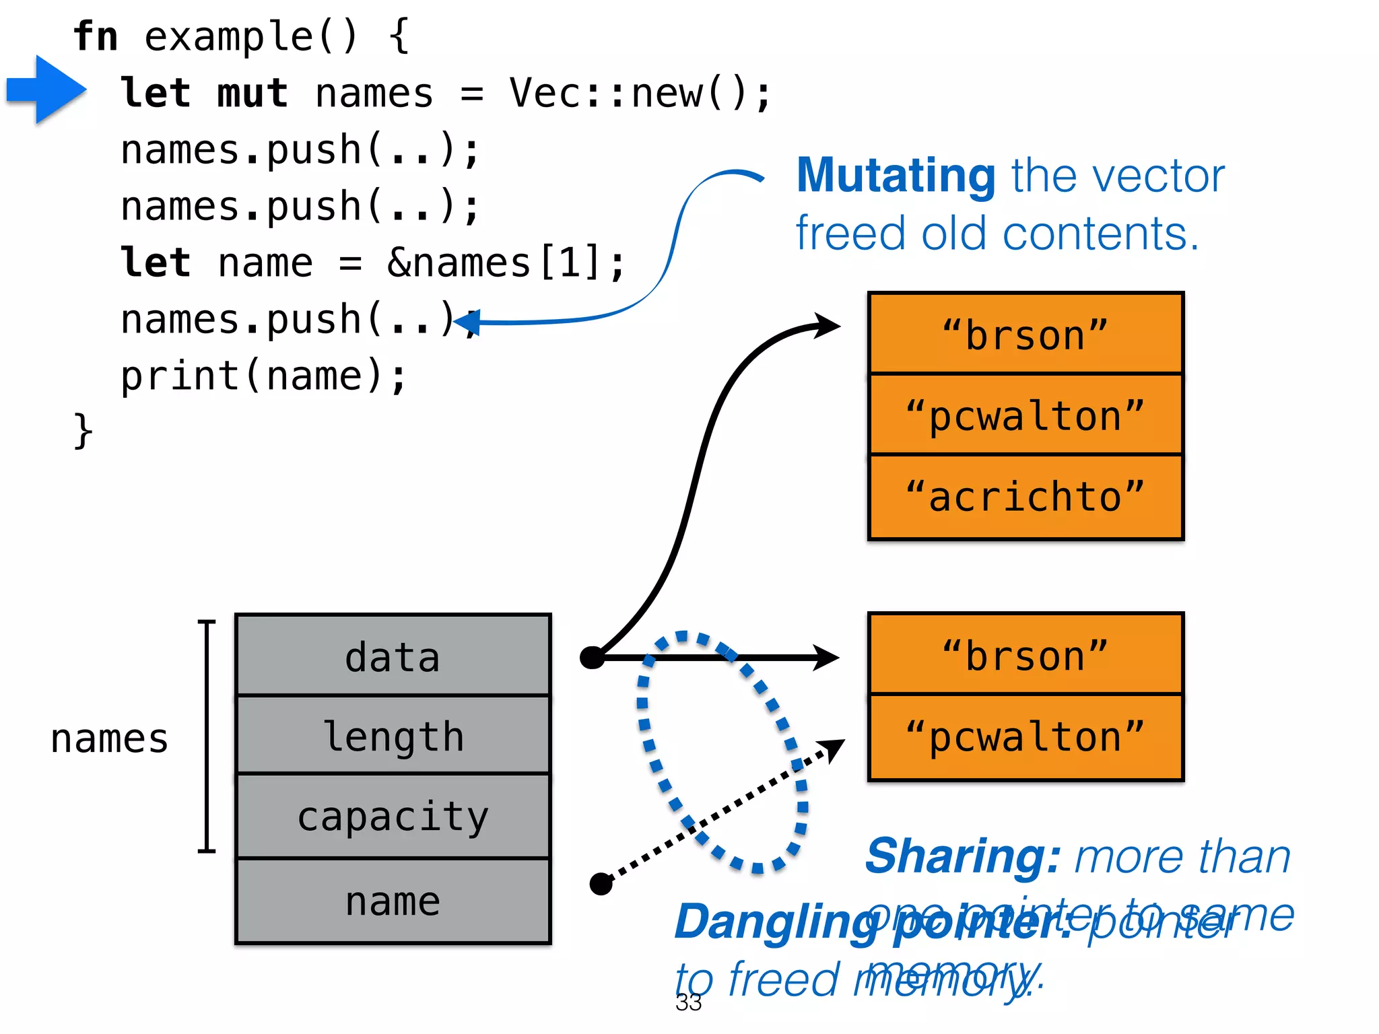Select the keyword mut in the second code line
[x=253, y=93]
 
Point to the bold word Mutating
[x=896, y=176]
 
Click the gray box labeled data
[x=393, y=656]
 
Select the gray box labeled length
[x=393, y=736]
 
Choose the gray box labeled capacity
[x=393, y=817]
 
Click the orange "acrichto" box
[x=1025, y=497]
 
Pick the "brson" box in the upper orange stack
[x=1025, y=335]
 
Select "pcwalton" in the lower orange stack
[x=1025, y=737]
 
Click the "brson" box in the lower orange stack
[x=1025, y=655]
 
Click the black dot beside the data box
[x=592, y=657]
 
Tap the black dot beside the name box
[x=601, y=884]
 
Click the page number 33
[x=688, y=1002]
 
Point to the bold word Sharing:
[x=963, y=857]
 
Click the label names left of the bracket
[x=109, y=738]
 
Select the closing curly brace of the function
[x=83, y=431]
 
